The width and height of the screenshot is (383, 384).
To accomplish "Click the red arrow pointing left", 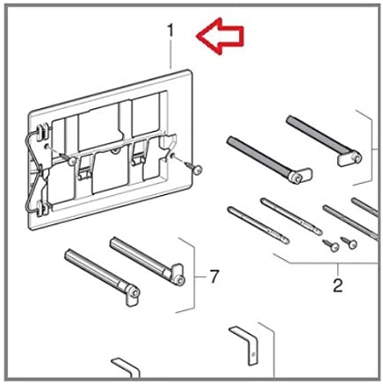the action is (220, 36).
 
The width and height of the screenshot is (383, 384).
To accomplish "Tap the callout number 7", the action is (213, 277).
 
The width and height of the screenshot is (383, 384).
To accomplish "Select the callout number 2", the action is (337, 286).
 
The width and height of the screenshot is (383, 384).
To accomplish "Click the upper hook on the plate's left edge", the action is (43, 131).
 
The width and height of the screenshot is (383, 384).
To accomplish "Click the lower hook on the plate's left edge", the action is (43, 209).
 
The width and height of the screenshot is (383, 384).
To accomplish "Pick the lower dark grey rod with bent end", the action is (270, 160).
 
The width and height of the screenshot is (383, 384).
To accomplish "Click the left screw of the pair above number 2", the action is (331, 245).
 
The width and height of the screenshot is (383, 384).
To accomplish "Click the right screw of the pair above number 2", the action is (349, 243).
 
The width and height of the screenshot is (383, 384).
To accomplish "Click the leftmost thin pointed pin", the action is (258, 225).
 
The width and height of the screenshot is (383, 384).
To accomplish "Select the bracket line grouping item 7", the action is (191, 276).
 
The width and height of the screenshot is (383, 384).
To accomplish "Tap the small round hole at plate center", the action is (115, 151).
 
